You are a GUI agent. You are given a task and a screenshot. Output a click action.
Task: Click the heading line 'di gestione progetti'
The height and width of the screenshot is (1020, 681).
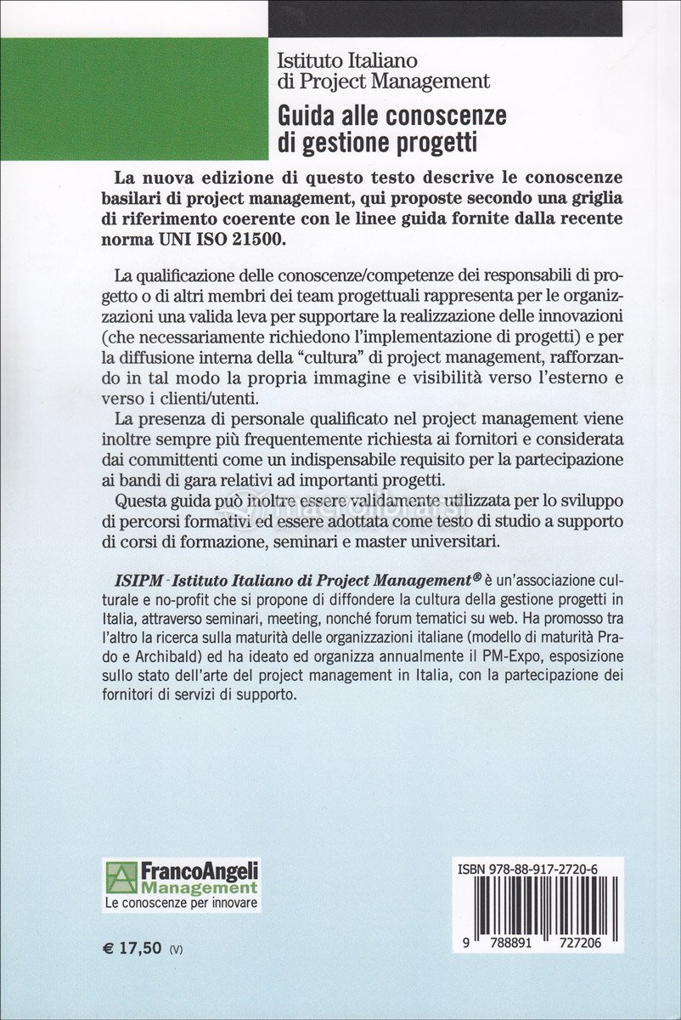[x=377, y=142]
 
